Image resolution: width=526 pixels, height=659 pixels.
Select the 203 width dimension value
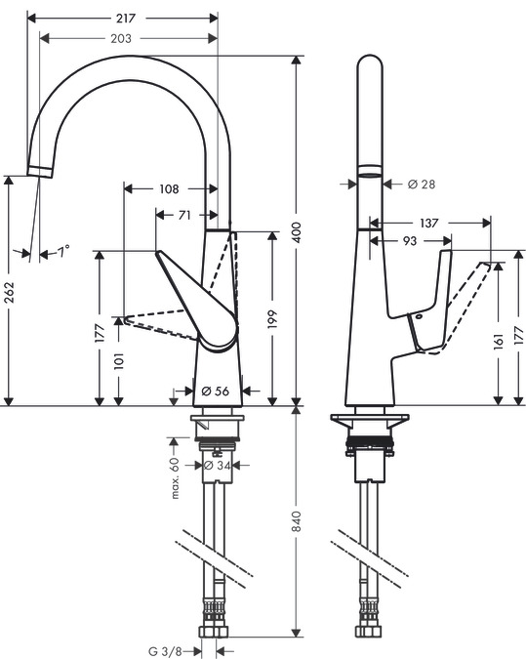[x=122, y=38]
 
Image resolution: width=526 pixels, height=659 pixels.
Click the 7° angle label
[x=62, y=253]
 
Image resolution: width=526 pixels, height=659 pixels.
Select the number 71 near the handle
[x=183, y=215]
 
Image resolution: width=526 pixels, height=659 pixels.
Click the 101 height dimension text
[x=119, y=361]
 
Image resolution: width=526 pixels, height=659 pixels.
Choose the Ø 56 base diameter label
[x=215, y=391]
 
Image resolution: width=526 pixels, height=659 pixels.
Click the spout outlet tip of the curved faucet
[x=40, y=173]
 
